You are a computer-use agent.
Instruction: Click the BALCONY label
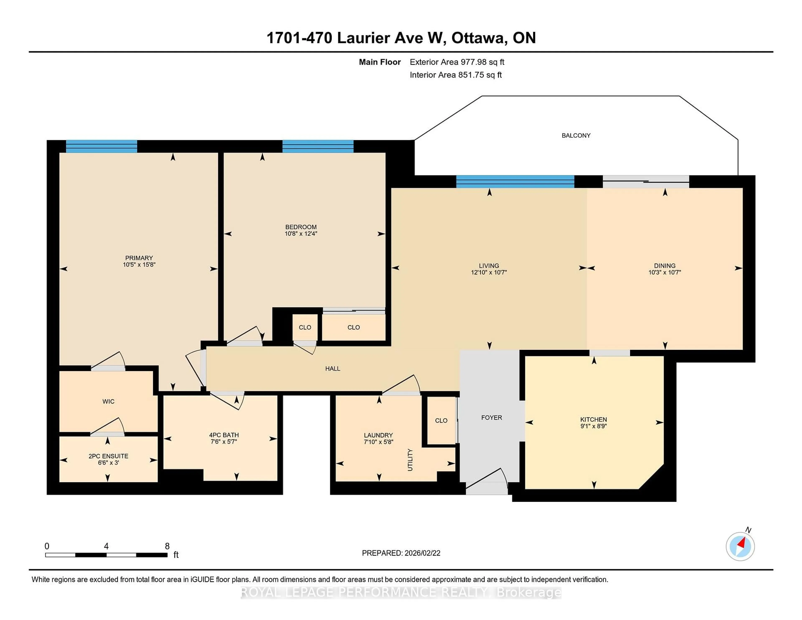click(x=576, y=136)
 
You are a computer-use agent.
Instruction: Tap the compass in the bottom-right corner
click(x=740, y=546)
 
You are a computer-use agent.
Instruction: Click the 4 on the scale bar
click(x=106, y=546)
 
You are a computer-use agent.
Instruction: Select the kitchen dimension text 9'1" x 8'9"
click(x=593, y=426)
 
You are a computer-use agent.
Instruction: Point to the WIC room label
click(x=108, y=401)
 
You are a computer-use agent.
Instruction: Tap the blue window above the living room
click(x=515, y=182)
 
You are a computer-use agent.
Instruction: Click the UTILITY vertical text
click(x=410, y=460)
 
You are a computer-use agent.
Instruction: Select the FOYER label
click(x=491, y=418)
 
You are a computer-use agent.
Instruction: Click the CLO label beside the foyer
click(x=441, y=421)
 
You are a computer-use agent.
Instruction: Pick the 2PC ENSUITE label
click(x=108, y=456)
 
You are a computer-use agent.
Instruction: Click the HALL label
click(x=333, y=368)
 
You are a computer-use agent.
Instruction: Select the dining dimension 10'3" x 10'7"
click(x=665, y=273)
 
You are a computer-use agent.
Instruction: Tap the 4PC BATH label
click(x=224, y=435)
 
